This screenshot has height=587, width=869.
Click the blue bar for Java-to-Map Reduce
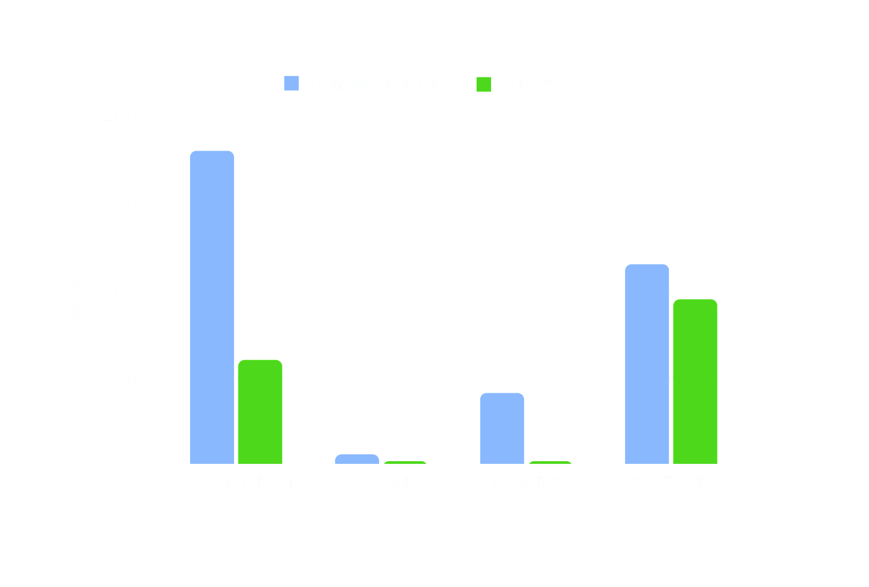coord(212,307)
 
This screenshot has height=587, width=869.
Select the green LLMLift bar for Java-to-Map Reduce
coord(260,412)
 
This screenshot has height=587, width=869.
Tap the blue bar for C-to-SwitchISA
coord(357,459)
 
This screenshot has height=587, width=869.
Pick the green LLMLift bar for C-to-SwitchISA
coord(405,463)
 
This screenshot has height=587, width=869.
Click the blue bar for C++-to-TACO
coord(502,428)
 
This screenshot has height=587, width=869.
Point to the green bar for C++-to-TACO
coord(550,463)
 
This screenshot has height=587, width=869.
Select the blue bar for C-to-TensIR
coord(647,364)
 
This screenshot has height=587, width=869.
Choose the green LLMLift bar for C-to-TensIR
coord(695,382)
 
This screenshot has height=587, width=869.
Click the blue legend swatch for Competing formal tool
coord(291,83)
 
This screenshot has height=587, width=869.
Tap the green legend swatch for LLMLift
coord(483,84)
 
